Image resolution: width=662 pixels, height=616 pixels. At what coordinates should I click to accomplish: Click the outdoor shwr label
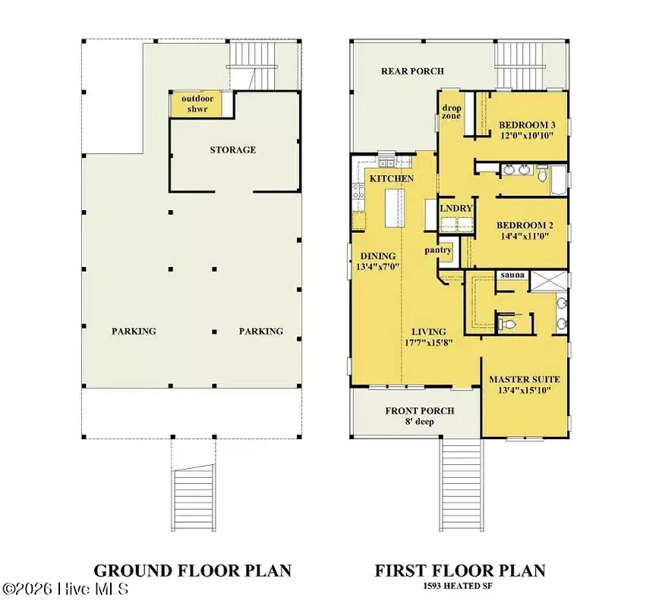click(x=197, y=104)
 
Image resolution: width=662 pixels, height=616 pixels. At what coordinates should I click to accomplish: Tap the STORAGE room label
click(x=232, y=149)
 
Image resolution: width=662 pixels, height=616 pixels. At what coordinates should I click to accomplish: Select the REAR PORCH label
click(x=412, y=71)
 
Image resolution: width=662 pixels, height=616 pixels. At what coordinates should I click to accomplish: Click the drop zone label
click(x=451, y=112)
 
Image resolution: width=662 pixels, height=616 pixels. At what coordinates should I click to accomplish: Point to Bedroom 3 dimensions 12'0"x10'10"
click(x=527, y=136)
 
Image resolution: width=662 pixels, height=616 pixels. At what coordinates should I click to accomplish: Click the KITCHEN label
click(x=392, y=178)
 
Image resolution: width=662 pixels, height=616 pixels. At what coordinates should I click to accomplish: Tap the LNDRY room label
click(x=456, y=208)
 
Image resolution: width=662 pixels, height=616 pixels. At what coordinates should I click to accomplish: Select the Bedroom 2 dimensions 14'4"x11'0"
click(x=525, y=236)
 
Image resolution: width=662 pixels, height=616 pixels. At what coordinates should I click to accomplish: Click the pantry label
click(x=438, y=250)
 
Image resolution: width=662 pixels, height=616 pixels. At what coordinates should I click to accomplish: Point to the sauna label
click(x=512, y=275)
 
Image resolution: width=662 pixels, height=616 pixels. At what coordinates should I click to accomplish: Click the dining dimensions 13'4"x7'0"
click(x=378, y=266)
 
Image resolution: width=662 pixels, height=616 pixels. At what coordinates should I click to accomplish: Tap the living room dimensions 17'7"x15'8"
click(x=428, y=343)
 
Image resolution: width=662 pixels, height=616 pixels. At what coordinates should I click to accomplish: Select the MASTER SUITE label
click(x=525, y=379)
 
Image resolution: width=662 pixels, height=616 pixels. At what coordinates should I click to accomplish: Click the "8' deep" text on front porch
click(x=420, y=422)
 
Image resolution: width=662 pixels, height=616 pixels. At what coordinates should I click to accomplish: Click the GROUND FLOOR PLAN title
click(x=193, y=570)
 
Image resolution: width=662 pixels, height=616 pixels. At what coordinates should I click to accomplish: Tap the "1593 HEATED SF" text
click(x=458, y=586)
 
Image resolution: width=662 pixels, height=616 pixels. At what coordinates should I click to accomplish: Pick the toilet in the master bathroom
click(x=507, y=324)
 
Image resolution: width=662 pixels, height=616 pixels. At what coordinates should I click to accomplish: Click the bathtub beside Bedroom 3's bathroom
click(x=559, y=180)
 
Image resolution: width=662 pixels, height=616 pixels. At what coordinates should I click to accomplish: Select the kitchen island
click(x=394, y=208)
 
